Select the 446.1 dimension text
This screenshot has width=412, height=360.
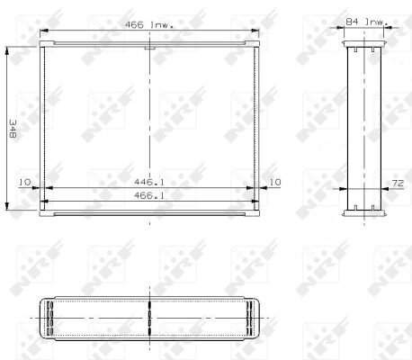149,181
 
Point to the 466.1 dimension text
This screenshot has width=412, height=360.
149,194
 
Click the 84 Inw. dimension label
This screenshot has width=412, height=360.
365,19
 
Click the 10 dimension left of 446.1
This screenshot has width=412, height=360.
24,182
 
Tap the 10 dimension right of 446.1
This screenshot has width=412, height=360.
275,182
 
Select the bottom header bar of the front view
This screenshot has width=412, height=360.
150,214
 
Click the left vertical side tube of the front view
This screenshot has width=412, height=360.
42,126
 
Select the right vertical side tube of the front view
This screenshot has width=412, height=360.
259,126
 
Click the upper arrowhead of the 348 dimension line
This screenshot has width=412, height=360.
10,50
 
